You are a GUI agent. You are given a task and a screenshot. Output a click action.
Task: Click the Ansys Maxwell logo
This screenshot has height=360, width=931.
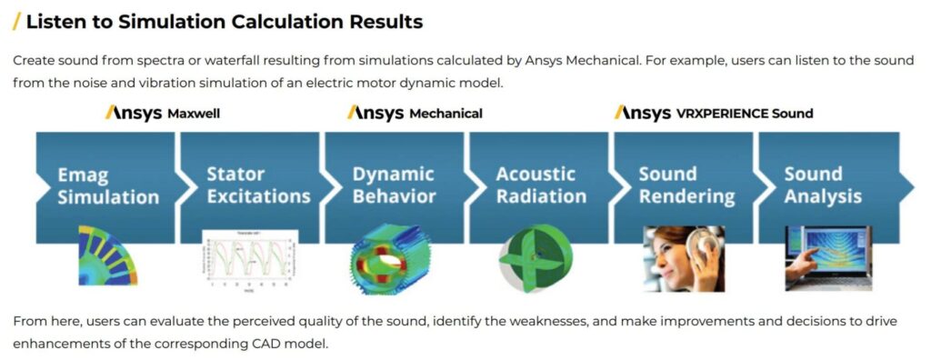point(163,113)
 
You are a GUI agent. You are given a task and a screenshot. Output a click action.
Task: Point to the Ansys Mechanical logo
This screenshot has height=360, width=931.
point(415,113)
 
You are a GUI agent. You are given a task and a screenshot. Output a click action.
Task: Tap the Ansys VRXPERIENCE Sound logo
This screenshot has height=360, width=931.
point(713,113)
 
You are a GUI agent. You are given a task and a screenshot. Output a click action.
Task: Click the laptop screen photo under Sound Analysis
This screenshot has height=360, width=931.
point(823,257)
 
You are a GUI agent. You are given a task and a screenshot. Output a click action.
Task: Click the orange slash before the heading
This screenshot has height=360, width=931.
point(16,21)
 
